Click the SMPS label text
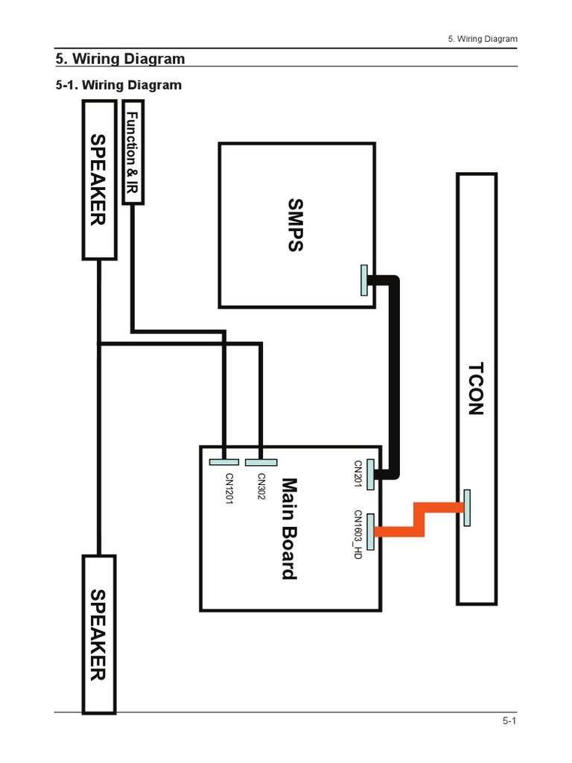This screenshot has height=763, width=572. point(295,225)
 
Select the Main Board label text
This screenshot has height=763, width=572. point(288,528)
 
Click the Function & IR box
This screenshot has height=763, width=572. point(132,153)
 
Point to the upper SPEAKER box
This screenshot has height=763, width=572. point(98,180)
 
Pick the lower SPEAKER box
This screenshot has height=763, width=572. point(98,633)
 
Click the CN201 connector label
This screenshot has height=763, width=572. point(357,474)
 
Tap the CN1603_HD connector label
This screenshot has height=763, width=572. point(357,534)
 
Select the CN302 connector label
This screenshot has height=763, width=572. point(261,487)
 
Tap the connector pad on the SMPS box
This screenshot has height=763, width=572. point(363,280)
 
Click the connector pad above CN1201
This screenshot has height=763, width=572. point(223,462)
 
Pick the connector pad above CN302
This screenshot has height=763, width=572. point(261,462)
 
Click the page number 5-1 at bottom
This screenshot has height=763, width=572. point(509,721)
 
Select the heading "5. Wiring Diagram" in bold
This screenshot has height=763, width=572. point(121,58)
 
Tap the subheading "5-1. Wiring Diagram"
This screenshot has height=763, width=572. point(119,85)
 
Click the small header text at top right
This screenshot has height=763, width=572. point(483,39)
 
